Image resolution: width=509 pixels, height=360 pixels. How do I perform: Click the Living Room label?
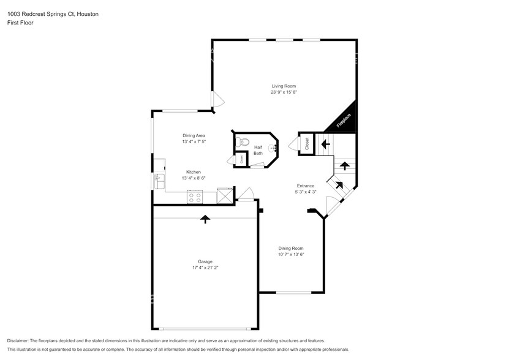tap(284, 86)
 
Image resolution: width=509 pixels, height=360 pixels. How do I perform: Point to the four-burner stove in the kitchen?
tap(195, 197)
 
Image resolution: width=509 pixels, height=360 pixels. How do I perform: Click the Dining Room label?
tap(291, 248)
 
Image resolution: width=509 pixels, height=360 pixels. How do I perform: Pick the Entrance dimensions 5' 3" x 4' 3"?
tap(305, 192)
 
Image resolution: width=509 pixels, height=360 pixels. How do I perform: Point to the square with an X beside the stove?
tap(225, 196)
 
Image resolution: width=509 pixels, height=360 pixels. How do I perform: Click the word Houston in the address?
tap(88, 13)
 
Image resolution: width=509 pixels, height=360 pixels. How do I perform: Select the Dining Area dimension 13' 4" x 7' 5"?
tap(194, 141)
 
